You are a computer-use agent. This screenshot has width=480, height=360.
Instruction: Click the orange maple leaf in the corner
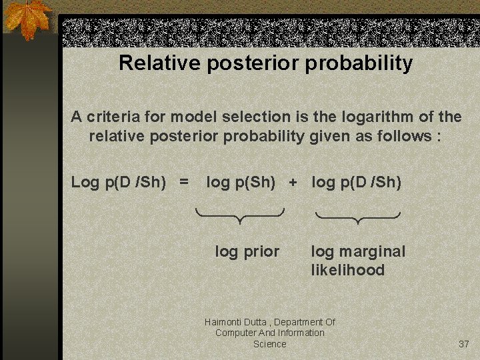pos(27,19)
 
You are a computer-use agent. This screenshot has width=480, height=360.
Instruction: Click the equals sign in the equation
pos(184,182)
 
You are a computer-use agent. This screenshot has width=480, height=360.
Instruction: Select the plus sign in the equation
pos(293,182)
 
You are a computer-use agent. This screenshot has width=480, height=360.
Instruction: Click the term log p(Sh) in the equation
pos(241,182)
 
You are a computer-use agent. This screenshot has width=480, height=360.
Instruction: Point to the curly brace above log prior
pos(240,215)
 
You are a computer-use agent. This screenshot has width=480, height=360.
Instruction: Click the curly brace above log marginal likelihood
pos(357,217)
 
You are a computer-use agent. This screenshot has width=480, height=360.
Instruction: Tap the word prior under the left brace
pos(261,252)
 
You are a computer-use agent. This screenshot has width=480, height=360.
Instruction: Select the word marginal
pos(371,251)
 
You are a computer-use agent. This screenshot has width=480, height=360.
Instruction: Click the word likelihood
pos(347,270)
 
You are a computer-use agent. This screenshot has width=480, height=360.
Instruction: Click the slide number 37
pos(464,344)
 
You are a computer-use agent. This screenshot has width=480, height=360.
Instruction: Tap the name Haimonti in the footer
pos(224,322)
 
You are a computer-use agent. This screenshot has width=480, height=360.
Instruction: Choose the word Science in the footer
pos(269,344)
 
